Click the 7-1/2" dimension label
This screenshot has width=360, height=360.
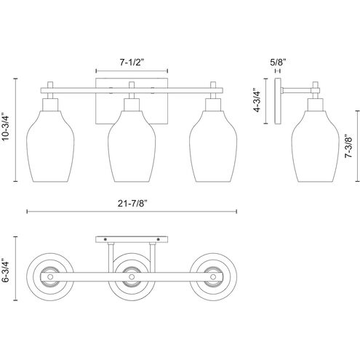[132, 63]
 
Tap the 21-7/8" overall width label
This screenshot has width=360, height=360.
[133, 204]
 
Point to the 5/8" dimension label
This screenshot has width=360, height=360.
[278, 63]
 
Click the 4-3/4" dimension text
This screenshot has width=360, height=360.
[257, 101]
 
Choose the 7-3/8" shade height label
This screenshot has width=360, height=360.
[349, 146]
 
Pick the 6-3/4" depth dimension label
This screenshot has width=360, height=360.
[5, 272]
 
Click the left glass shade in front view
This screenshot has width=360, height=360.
[50, 146]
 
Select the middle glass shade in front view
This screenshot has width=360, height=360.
[132, 146]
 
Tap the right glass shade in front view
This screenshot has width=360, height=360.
[213, 146]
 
